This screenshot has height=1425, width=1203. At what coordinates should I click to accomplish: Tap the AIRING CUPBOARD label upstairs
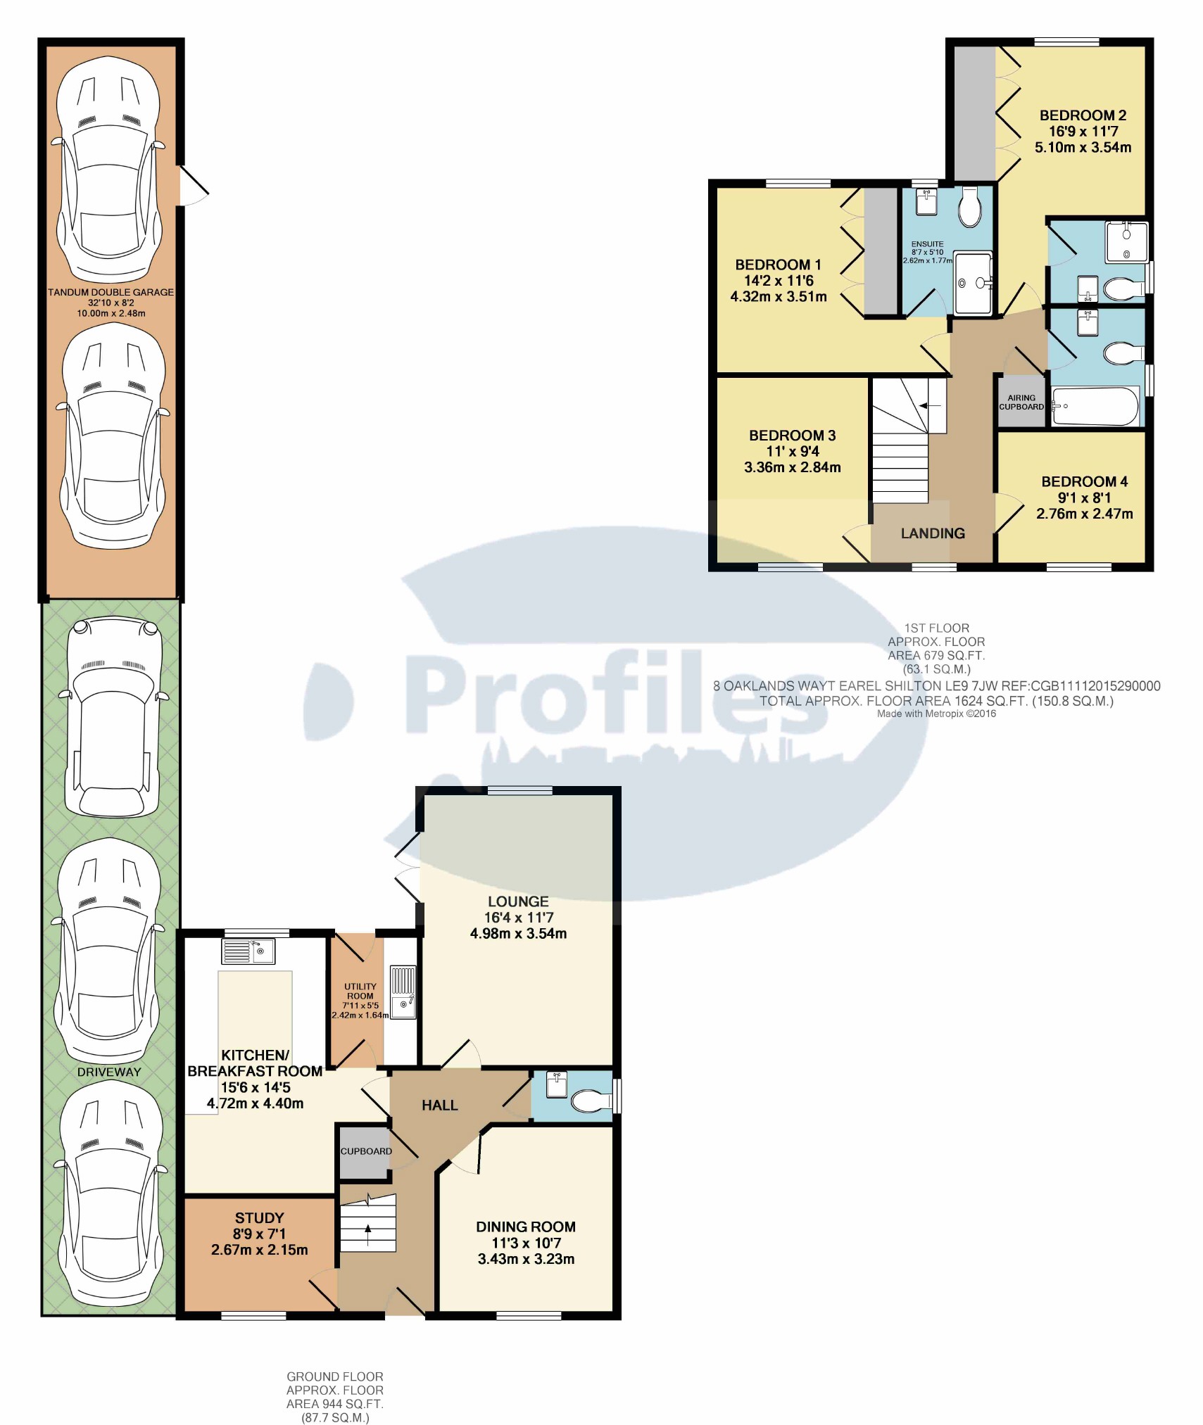point(1021,402)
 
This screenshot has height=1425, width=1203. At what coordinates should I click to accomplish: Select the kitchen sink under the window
point(248,951)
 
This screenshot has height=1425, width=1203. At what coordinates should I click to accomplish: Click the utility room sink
point(403,993)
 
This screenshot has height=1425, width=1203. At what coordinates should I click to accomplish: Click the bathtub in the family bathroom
point(1095,406)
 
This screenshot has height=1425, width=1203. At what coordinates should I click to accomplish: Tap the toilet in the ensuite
point(970,206)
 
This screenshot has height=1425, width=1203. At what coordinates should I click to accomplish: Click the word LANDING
point(933,533)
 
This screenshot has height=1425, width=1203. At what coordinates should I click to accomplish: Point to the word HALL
point(440,1106)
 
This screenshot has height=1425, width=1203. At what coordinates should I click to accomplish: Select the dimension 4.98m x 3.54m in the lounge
point(518,934)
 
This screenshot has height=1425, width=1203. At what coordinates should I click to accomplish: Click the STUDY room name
point(260,1218)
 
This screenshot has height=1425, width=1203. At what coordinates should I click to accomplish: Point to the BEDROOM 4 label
point(1084,481)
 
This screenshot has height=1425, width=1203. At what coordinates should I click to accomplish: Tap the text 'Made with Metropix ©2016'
point(936,714)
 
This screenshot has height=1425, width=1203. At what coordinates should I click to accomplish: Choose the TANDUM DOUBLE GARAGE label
point(111,292)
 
